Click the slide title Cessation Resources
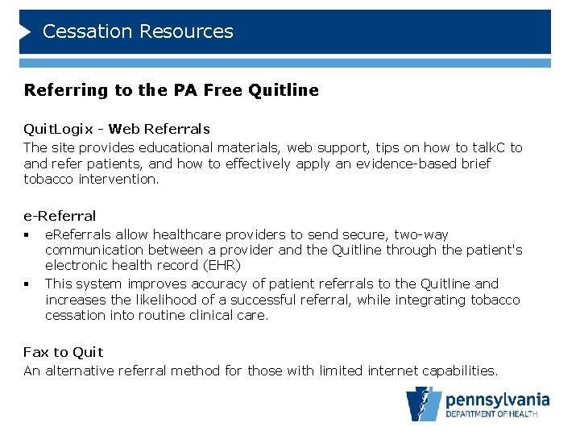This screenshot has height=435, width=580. point(138,31)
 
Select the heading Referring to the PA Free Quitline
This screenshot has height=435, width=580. point(172,90)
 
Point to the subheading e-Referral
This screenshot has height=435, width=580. point(60,216)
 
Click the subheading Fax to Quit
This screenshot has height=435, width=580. point(64,352)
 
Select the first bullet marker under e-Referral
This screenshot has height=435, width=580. point(27,235)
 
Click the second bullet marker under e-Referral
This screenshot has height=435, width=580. point(27,284)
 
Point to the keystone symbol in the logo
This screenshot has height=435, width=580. point(424,404)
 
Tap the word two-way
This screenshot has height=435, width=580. point(419,235)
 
